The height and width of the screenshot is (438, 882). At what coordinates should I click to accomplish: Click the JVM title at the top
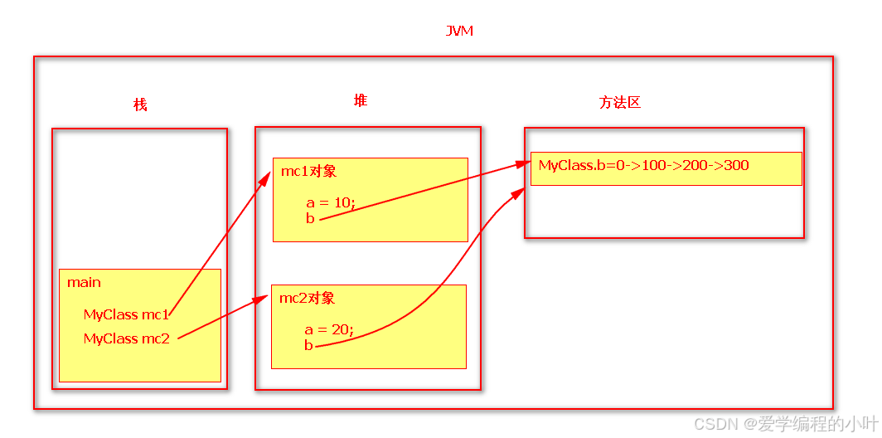click(459, 32)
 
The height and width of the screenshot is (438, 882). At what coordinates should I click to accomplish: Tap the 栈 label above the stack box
click(140, 105)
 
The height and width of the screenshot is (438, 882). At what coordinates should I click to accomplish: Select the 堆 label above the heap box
click(361, 100)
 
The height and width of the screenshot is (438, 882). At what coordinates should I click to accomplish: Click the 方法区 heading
click(620, 103)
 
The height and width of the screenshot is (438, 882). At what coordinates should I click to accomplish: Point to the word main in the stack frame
click(84, 282)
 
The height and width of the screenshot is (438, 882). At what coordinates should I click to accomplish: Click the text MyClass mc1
click(126, 314)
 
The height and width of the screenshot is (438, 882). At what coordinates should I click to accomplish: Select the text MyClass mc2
click(126, 338)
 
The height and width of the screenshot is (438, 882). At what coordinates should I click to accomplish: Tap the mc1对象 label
click(308, 172)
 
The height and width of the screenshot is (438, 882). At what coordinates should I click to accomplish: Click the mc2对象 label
click(307, 298)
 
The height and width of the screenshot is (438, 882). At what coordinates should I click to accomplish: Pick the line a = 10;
click(330, 202)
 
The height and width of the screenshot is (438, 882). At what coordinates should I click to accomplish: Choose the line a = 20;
click(328, 329)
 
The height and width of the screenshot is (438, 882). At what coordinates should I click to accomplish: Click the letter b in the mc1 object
click(310, 219)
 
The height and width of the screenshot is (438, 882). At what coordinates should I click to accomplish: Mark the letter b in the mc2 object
click(308, 345)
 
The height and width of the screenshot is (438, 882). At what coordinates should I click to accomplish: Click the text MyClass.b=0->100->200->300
click(643, 165)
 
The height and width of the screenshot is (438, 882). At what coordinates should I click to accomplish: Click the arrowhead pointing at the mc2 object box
click(264, 296)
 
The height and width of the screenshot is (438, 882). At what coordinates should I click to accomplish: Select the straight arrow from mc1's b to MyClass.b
click(423, 192)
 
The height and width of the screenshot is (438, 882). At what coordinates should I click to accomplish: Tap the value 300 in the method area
click(736, 165)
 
